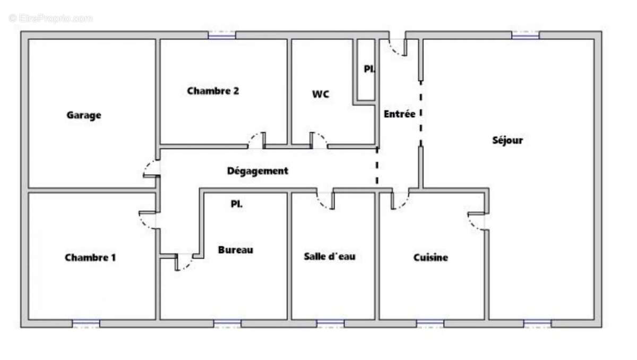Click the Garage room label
[x=84, y=115]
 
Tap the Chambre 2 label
[x=213, y=91]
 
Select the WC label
[x=320, y=94]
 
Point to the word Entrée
[x=400, y=114]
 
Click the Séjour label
[x=507, y=140]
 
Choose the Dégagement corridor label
[x=257, y=171]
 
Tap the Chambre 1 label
[x=90, y=258]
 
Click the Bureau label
[x=236, y=250]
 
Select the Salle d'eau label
[x=330, y=256]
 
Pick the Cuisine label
[x=431, y=258]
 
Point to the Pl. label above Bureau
[x=237, y=203]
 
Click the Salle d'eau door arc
[x=324, y=201]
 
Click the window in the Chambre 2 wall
[x=221, y=35]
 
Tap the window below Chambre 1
[x=86, y=323]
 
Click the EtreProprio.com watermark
[x=50, y=18]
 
